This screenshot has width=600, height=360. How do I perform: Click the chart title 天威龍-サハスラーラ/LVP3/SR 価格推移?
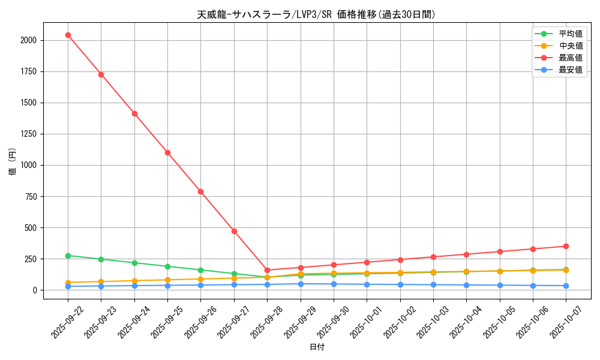click(316, 14)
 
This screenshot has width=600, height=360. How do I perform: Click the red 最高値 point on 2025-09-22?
click(68, 35)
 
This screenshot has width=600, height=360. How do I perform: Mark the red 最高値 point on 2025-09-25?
click(167, 152)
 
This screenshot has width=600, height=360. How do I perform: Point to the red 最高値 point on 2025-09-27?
click(234, 231)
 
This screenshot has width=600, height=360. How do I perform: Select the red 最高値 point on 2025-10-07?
click(566, 246)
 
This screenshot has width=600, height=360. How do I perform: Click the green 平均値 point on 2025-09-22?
click(68, 256)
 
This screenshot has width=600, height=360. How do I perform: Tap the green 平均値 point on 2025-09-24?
click(134, 263)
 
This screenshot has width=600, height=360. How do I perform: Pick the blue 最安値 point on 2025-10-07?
click(566, 286)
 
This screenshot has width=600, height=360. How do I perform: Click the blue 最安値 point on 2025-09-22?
click(68, 286)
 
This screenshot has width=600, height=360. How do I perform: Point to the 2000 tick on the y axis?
click(29, 40)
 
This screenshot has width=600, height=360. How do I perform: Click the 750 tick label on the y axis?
click(31, 196)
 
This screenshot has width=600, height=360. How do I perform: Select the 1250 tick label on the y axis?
click(29, 134)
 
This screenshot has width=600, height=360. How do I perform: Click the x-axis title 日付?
click(317, 347)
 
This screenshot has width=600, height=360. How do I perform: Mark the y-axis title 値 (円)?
click(13, 162)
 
